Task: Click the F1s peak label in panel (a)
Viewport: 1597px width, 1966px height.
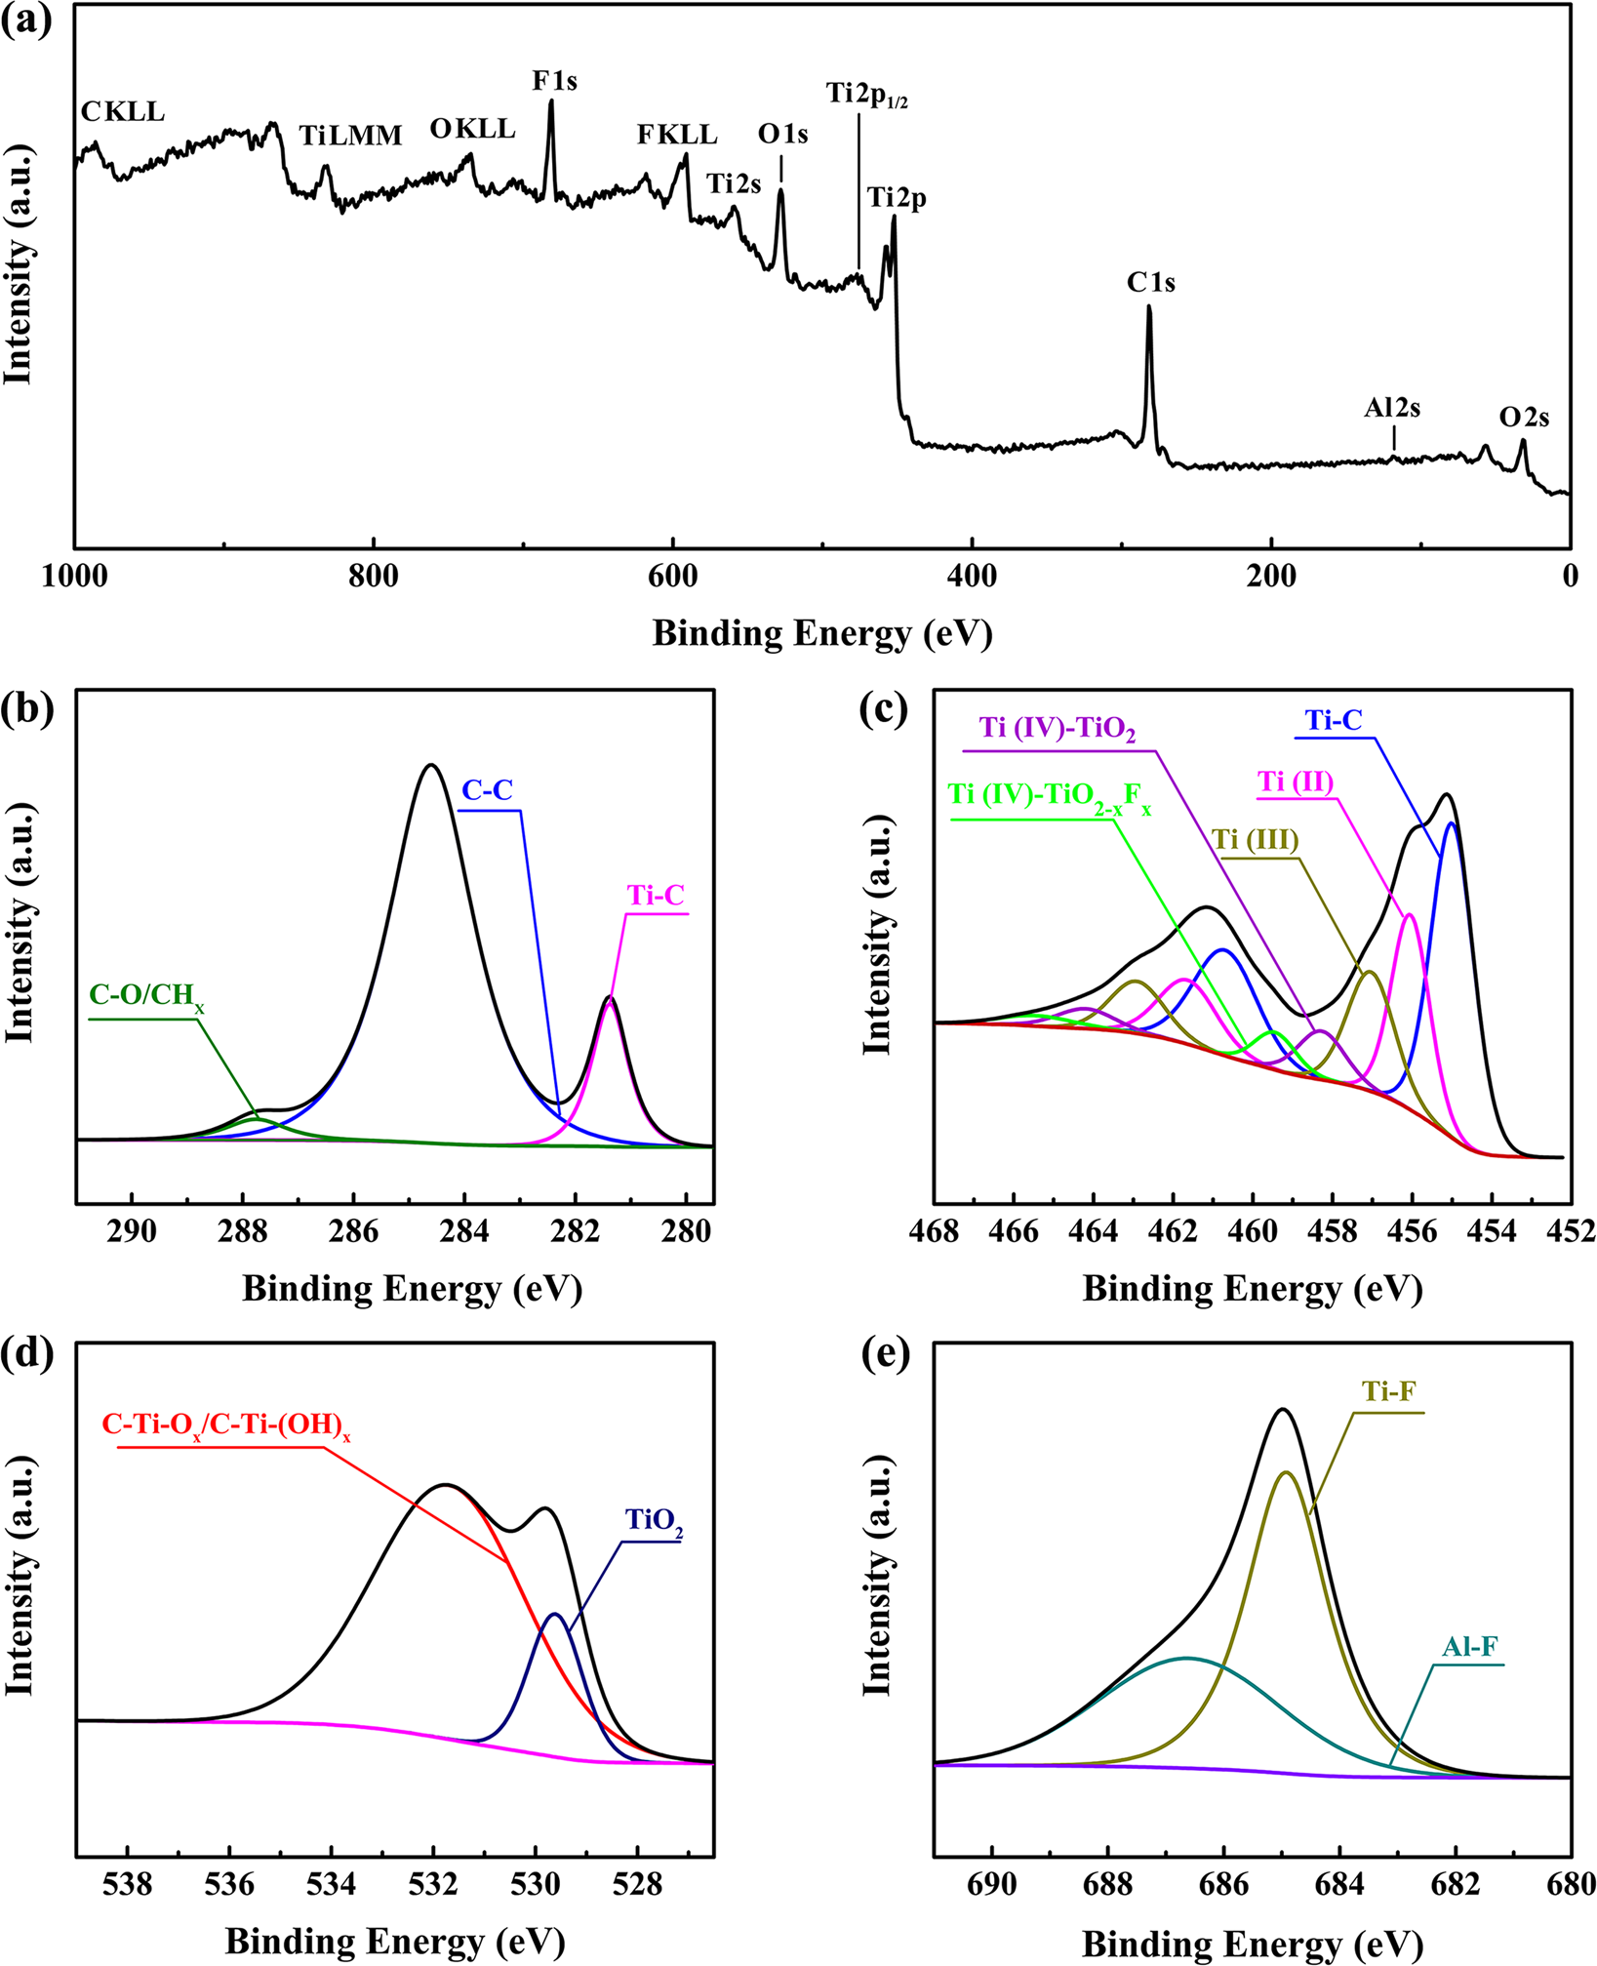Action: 554,81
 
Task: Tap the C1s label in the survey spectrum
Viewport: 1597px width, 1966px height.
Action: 1150,283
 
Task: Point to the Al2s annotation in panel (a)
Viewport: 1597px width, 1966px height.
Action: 1391,408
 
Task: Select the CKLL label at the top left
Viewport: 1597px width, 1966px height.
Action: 123,112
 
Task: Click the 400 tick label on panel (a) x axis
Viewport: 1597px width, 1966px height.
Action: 972,577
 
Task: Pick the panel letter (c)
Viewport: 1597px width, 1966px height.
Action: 885,709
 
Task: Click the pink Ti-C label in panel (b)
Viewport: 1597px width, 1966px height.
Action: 656,895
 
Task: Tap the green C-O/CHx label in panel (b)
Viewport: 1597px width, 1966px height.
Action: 147,996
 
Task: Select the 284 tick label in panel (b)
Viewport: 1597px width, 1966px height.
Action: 464,1231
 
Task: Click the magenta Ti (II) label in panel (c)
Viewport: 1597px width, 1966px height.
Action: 1296,782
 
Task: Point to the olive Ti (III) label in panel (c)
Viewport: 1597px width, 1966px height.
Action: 1256,840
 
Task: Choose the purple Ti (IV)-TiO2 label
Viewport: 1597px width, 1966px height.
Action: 1058,729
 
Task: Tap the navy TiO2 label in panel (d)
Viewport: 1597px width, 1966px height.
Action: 654,1520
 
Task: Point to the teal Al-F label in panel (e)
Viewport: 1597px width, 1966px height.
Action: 1470,1648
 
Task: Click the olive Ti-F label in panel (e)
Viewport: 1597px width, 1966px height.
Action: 1388,1391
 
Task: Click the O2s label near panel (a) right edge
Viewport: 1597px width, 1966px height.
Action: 1524,418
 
